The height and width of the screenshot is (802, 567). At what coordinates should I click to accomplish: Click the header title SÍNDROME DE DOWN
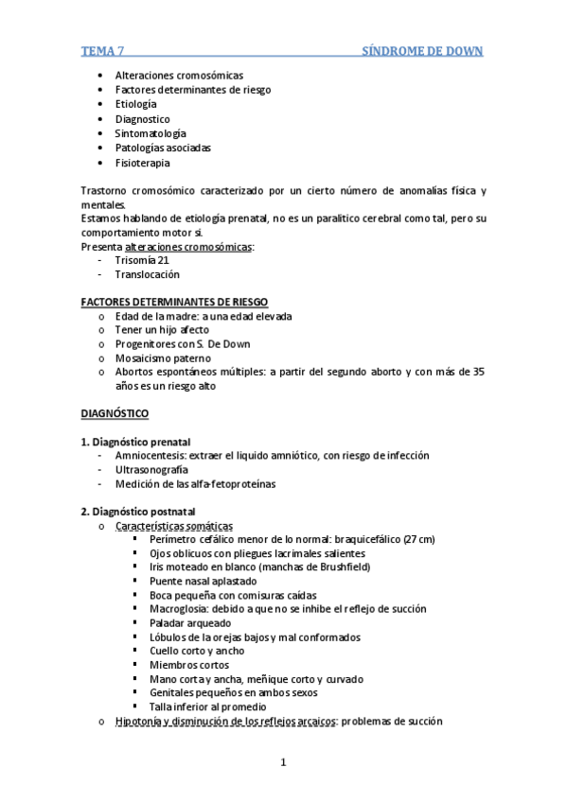tap(423, 51)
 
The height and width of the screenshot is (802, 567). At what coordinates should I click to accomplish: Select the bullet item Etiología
tap(135, 104)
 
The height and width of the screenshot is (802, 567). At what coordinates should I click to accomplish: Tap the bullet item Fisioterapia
tap(142, 163)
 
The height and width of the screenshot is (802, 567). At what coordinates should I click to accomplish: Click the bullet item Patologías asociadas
tap(163, 148)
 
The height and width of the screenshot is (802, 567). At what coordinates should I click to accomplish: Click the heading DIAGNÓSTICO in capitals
tap(115, 413)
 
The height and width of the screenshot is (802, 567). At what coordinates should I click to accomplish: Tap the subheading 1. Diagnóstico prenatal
tap(135, 442)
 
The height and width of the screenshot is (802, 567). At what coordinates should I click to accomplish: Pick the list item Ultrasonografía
tap(151, 469)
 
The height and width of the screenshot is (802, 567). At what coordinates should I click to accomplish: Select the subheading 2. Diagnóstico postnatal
tap(138, 512)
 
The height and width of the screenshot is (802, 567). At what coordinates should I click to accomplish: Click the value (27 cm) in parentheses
tap(418, 539)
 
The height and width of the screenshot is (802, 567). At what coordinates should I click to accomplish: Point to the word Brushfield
tap(339, 567)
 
